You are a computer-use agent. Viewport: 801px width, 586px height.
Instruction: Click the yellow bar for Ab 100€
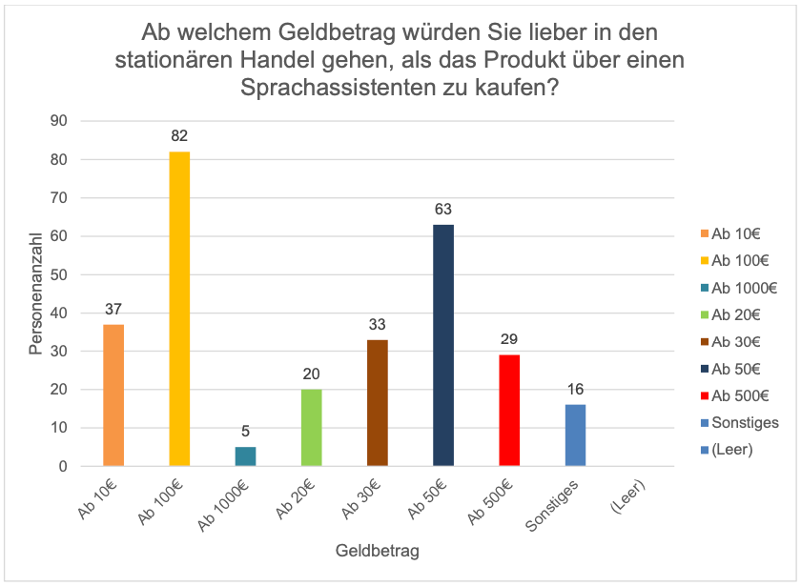click(179, 309)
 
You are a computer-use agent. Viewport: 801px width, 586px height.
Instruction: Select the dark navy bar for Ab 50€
click(443, 345)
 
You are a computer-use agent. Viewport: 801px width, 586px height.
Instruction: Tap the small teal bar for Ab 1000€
click(245, 456)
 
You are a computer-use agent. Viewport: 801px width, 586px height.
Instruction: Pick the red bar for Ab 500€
click(509, 410)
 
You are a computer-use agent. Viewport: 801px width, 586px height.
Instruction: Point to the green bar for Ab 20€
click(312, 427)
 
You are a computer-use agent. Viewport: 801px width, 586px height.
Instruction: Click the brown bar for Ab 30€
click(378, 403)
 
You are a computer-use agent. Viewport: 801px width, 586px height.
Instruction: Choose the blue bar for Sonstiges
click(575, 434)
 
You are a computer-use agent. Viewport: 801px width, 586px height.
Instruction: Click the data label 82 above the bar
click(179, 135)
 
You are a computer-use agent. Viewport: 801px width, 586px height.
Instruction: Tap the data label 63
click(443, 210)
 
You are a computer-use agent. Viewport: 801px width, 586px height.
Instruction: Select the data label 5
click(245, 432)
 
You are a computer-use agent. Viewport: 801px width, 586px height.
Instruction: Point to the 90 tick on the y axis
click(59, 121)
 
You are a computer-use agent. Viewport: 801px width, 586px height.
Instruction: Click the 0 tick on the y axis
click(63, 466)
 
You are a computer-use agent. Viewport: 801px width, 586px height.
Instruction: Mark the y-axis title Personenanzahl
click(35, 294)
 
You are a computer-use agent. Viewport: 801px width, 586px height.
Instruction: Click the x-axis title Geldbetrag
click(378, 551)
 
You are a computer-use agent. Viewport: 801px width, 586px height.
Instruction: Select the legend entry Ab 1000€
click(739, 289)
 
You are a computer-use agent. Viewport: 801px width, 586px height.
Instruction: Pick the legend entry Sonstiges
click(740, 423)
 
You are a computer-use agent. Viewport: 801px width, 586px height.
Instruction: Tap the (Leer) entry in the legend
click(727, 450)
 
